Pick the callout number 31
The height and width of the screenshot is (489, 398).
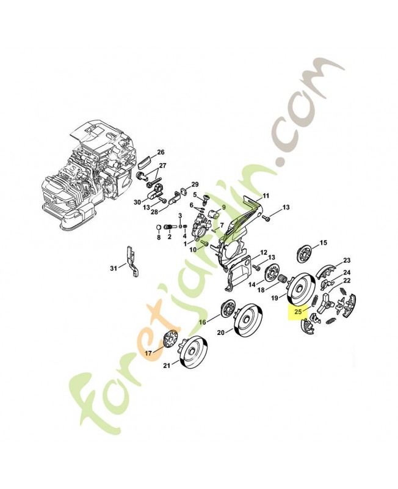[x=114, y=268]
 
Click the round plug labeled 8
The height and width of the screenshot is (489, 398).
[x=159, y=227]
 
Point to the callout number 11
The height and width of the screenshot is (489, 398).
[x=266, y=196]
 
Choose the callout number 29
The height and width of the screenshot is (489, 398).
[x=195, y=185]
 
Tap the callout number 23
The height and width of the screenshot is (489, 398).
[x=347, y=260]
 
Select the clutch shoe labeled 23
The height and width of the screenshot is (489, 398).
[x=327, y=270]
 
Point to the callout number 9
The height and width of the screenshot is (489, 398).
[x=223, y=207]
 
